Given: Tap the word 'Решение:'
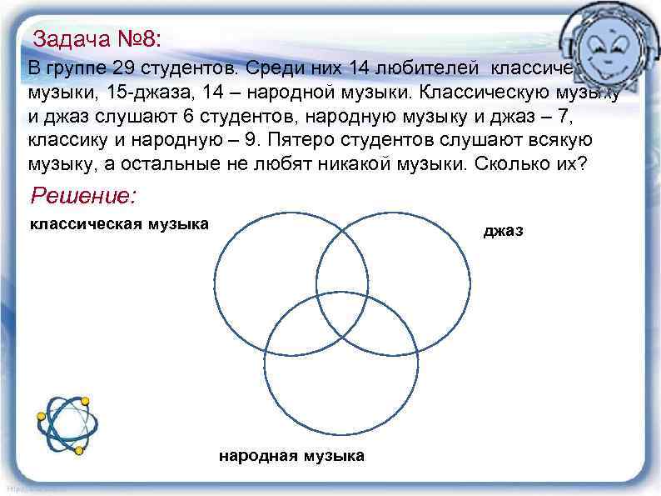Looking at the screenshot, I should coord(82,197).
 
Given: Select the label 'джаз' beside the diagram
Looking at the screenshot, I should coord(504,231).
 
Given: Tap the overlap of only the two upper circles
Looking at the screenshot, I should coord(341,263).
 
